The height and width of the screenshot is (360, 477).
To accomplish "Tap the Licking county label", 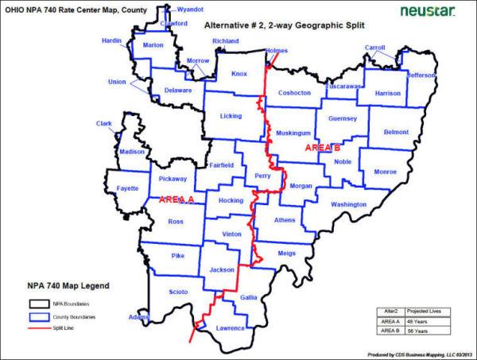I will [231, 117].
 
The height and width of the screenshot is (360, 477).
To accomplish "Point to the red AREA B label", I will [323, 148].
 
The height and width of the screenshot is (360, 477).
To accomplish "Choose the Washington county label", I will [349, 204].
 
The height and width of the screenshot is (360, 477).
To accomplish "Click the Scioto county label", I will [178, 292].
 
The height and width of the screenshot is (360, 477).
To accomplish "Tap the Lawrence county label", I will [231, 327].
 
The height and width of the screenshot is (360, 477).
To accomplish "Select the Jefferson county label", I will [421, 75].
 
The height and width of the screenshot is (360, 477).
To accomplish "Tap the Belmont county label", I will [395, 132].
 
